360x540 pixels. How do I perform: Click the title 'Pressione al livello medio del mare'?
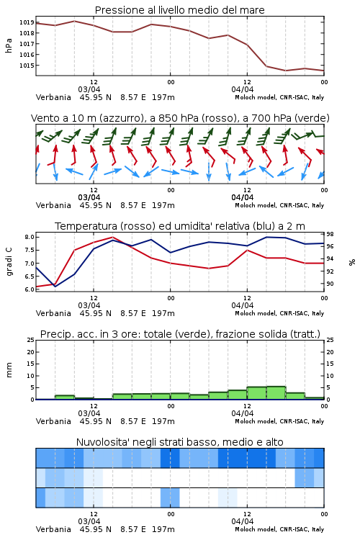pyautogui.click(x=180, y=10)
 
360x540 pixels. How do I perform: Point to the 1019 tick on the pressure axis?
pyautogui.click(x=27, y=22)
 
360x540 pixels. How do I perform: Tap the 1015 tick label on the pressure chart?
pyautogui.click(x=27, y=66)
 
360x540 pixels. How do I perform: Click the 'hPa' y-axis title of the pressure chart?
pyautogui.click(x=9, y=45)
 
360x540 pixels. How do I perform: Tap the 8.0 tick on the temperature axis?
pyautogui.click(x=30, y=237)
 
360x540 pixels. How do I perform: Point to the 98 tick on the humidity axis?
pyautogui.click(x=330, y=234)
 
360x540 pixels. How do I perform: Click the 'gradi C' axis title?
pyautogui.click(x=9, y=262)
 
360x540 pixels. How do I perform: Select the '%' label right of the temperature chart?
pyautogui.click(x=352, y=262)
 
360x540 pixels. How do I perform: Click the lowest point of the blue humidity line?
pyautogui.click(x=55, y=286)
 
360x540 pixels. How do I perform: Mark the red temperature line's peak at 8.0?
pyautogui.click(x=112, y=237)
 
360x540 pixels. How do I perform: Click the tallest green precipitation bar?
pyautogui.click(x=276, y=393)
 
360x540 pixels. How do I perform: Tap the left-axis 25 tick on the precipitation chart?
pyautogui.click(x=31, y=340)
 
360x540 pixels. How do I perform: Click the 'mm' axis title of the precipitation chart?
pyautogui.click(x=9, y=370)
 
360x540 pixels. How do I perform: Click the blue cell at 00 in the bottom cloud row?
pyautogui.click(x=170, y=498)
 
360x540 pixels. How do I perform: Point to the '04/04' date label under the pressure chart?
pyautogui.click(x=243, y=89)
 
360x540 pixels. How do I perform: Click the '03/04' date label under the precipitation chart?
pyautogui.click(x=89, y=413)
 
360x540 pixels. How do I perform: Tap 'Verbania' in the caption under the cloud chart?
pyautogui.click(x=53, y=529)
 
